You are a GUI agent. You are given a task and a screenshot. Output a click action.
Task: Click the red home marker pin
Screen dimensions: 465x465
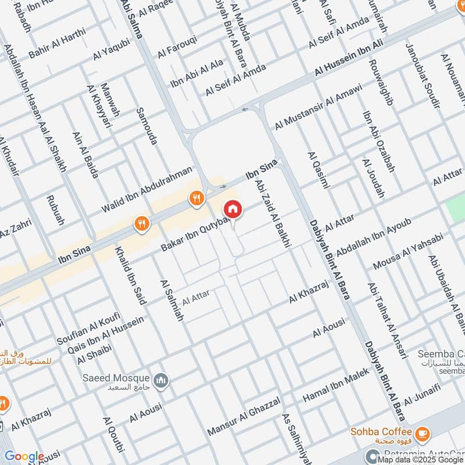(233, 209)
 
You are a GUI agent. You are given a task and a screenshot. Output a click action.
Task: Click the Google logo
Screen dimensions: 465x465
(24, 457)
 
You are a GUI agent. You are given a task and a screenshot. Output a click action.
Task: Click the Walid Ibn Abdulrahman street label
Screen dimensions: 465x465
(146, 189)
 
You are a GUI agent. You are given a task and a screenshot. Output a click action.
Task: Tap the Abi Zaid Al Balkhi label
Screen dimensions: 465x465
(272, 214)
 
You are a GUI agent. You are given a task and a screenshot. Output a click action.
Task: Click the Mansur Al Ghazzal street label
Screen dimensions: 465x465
(244, 417)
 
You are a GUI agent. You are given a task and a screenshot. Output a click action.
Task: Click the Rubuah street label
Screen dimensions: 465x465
(55, 210)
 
